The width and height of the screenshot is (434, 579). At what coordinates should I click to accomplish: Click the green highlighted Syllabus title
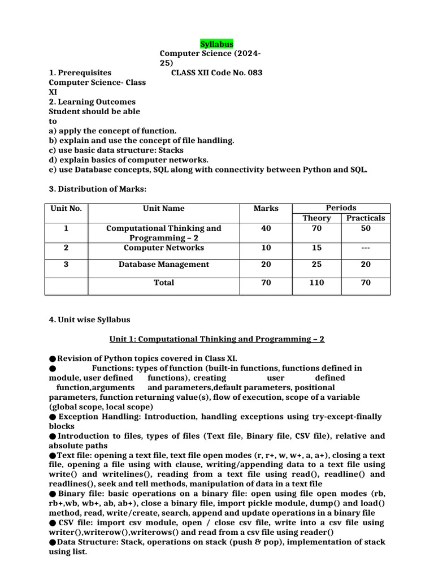(216, 44)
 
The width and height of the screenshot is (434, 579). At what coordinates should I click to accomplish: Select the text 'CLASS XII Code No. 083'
(217, 73)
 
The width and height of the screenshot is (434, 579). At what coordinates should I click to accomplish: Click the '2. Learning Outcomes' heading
(92, 102)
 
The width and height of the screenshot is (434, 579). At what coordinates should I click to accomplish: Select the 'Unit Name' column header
(163, 208)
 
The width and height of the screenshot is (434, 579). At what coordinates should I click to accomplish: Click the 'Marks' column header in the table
(266, 208)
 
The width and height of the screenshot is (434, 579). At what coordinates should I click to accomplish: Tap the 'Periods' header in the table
(341, 208)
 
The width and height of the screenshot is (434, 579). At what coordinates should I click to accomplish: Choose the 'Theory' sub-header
(316, 218)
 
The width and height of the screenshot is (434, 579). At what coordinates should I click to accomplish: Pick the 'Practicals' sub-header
(366, 218)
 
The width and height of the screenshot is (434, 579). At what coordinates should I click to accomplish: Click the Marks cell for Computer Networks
(266, 248)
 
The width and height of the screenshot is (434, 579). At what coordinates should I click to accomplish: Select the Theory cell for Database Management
(316, 264)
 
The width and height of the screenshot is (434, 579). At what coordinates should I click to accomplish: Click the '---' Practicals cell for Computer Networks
(366, 248)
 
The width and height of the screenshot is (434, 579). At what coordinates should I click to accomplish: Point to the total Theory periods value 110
(316, 283)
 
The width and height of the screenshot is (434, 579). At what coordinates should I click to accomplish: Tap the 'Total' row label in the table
(163, 283)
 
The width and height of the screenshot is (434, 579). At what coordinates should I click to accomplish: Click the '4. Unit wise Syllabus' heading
(89, 319)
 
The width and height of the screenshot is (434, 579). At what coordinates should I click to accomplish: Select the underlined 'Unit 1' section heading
(217, 339)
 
